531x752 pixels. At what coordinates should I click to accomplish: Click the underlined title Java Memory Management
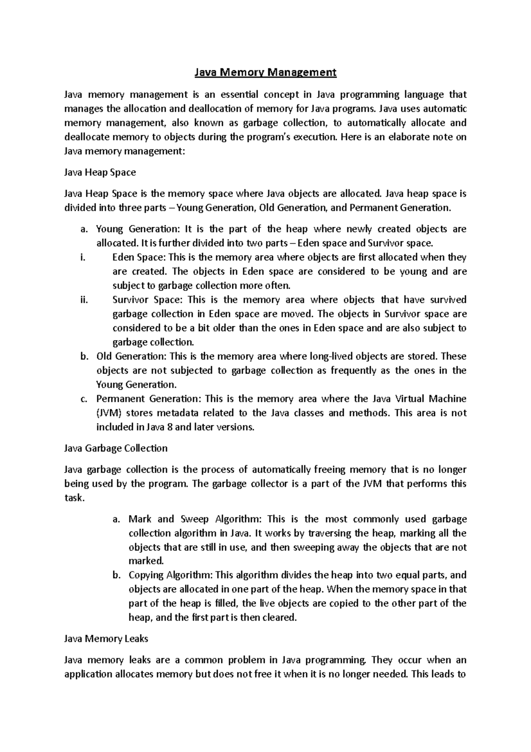click(x=265, y=72)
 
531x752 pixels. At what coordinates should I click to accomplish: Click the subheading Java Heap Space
click(x=100, y=172)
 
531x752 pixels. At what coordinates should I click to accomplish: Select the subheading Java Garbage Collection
click(x=116, y=448)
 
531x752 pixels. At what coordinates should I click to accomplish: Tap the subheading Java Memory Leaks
click(x=106, y=639)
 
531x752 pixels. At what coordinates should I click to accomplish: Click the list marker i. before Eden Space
click(x=83, y=257)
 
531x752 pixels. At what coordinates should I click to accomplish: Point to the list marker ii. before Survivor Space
click(x=84, y=300)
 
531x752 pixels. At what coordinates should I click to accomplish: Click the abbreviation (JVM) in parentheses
click(x=109, y=413)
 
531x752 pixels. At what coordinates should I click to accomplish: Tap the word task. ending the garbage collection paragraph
click(x=74, y=498)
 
